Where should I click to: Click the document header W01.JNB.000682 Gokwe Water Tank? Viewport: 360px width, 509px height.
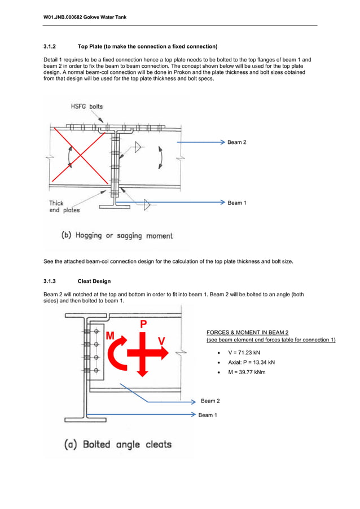pos(85,17)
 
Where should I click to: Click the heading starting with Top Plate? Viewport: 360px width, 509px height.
pos(147,46)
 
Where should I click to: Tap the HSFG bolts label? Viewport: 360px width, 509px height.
pos(86,106)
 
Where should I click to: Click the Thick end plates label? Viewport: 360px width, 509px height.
pos(64,207)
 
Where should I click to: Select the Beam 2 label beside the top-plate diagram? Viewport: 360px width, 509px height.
pos(236,143)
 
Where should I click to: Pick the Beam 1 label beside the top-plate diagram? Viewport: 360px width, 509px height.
pos(236,203)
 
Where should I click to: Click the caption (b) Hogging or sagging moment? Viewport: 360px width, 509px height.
pos(117,236)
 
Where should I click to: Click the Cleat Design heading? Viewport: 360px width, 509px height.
pos(94,281)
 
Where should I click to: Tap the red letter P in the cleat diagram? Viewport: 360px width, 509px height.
pos(144,324)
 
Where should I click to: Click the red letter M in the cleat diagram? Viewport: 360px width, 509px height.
pos(110,336)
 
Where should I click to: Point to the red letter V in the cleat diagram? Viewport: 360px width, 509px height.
pos(162,341)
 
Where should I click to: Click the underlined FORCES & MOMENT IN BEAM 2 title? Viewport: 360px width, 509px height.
pos(248,332)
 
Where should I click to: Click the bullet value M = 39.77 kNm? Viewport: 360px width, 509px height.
pos(247,372)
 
